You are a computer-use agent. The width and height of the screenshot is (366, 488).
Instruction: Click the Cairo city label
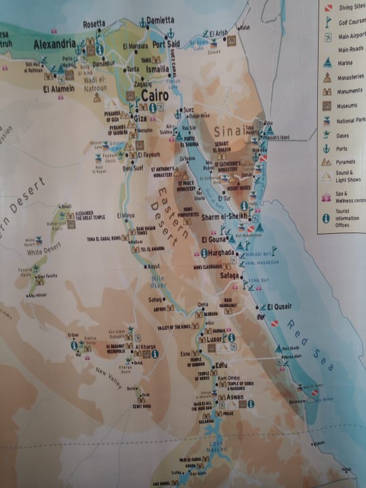[155, 96]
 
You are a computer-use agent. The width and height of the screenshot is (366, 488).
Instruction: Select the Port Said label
[166, 45]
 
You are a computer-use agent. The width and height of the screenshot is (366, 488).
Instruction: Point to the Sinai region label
[228, 131]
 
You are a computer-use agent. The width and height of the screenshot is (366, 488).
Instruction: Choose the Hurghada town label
[222, 253]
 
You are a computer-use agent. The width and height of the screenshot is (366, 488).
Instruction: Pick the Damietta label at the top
[158, 20]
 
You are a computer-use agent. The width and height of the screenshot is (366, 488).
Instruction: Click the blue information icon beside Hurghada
[204, 253]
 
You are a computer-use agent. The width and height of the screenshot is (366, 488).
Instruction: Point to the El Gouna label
[215, 240]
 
